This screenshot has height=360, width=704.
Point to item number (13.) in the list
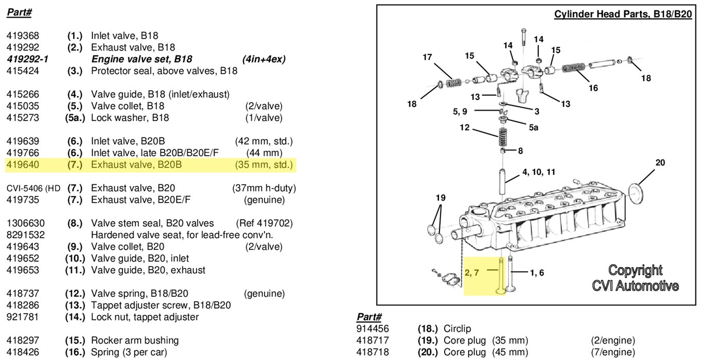(x=75, y=305)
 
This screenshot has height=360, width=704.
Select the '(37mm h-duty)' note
(x=263, y=189)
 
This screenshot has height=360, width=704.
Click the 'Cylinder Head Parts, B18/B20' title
(x=623, y=14)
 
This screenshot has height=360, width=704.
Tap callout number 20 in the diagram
(x=660, y=163)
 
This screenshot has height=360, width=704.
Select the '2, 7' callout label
(x=471, y=273)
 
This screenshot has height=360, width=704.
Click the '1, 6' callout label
(x=535, y=273)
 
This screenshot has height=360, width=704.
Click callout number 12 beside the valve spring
(x=465, y=128)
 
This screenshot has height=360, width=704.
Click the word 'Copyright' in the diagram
(x=635, y=271)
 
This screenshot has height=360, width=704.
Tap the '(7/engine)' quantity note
(x=613, y=352)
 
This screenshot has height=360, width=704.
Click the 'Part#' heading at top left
(x=20, y=13)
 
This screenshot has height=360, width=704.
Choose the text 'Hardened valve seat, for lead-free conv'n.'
(x=182, y=235)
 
